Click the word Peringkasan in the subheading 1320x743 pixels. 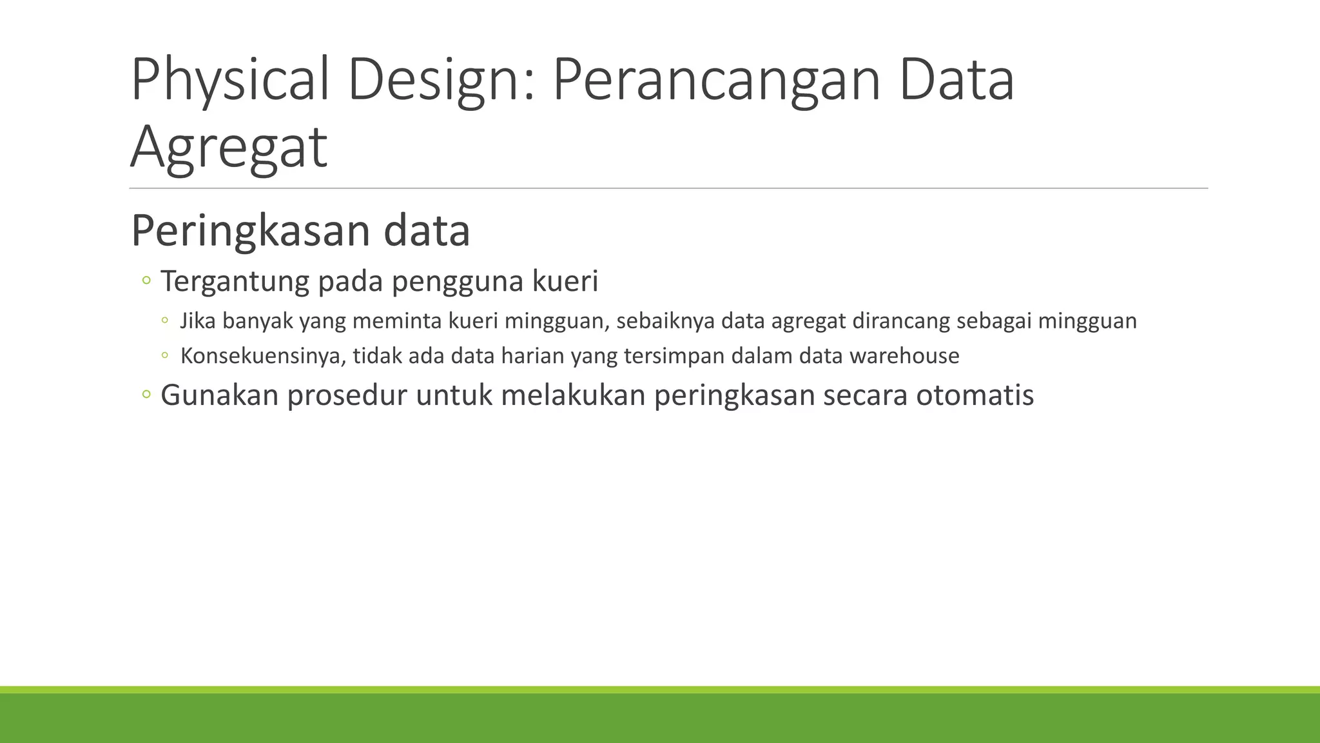[251, 230]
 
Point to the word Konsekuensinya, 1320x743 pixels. [263, 356]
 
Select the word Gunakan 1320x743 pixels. [219, 395]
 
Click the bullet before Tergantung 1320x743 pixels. [146, 281]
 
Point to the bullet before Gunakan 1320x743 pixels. [146, 394]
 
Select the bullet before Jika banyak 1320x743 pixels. [165, 320]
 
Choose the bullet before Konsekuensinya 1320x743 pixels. [165, 355]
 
